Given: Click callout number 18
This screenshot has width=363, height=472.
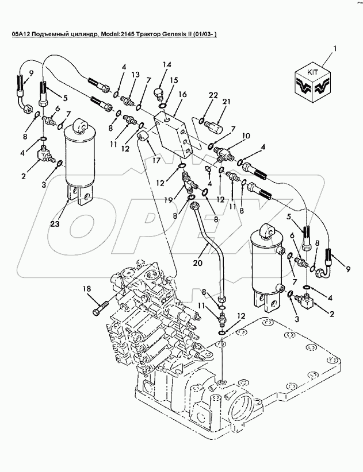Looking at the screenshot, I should pyautogui.click(x=87, y=289).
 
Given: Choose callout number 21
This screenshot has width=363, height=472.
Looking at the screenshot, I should pyautogui.click(x=226, y=102).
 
